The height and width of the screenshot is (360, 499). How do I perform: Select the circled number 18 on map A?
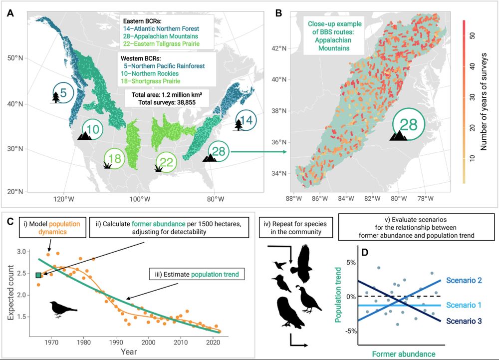click(x=114, y=159)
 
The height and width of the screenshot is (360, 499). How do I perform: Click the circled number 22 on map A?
click(x=167, y=162)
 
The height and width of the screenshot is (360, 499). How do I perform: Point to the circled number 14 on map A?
click(x=247, y=120)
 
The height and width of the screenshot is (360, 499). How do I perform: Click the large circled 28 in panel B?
click(x=408, y=125)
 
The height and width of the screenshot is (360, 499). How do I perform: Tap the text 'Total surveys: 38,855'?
click(x=167, y=102)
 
